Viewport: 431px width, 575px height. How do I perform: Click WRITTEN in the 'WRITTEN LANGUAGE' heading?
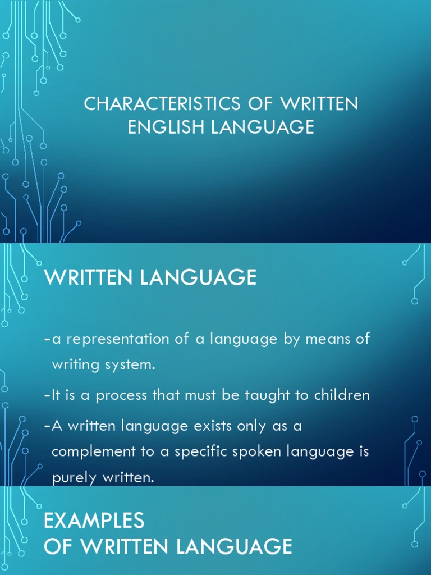pos(93,277)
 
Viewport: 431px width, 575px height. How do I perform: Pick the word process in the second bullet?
pos(122,395)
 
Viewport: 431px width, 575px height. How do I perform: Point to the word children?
pos(340,395)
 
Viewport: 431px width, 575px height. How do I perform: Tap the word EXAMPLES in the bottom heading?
pos(94,521)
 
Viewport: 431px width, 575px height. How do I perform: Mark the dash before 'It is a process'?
pos(47,395)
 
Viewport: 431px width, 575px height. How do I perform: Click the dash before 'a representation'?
pos(47,340)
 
